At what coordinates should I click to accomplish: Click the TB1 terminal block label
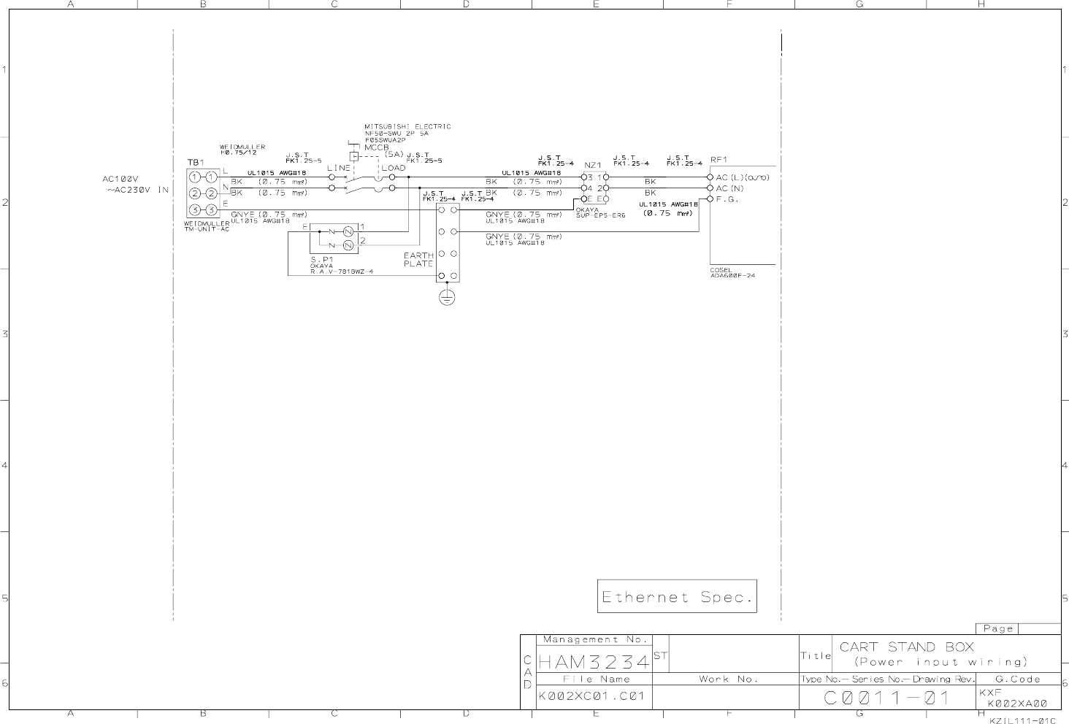point(196,162)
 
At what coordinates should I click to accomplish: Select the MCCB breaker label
point(377,147)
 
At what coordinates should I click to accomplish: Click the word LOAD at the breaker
point(393,168)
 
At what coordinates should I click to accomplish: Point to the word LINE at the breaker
point(338,168)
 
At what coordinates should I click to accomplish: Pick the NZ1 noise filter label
point(592,166)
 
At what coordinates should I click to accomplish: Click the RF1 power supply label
point(719,160)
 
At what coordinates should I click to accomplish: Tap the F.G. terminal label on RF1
point(727,199)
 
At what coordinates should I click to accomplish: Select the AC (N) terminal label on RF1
point(729,188)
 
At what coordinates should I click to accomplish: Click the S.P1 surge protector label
point(321,259)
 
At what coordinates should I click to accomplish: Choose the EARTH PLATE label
point(418,260)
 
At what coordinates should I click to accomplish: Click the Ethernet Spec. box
point(677,597)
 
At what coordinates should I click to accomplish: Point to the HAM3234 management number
point(594,663)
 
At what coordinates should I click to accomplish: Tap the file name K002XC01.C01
point(591,696)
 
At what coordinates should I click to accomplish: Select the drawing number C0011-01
point(886,698)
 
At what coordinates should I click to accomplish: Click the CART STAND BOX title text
point(906,647)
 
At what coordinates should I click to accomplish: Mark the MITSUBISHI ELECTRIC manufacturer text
point(407,127)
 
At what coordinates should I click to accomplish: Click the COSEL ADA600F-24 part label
point(732,273)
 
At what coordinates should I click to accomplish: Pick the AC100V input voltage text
point(120,179)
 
